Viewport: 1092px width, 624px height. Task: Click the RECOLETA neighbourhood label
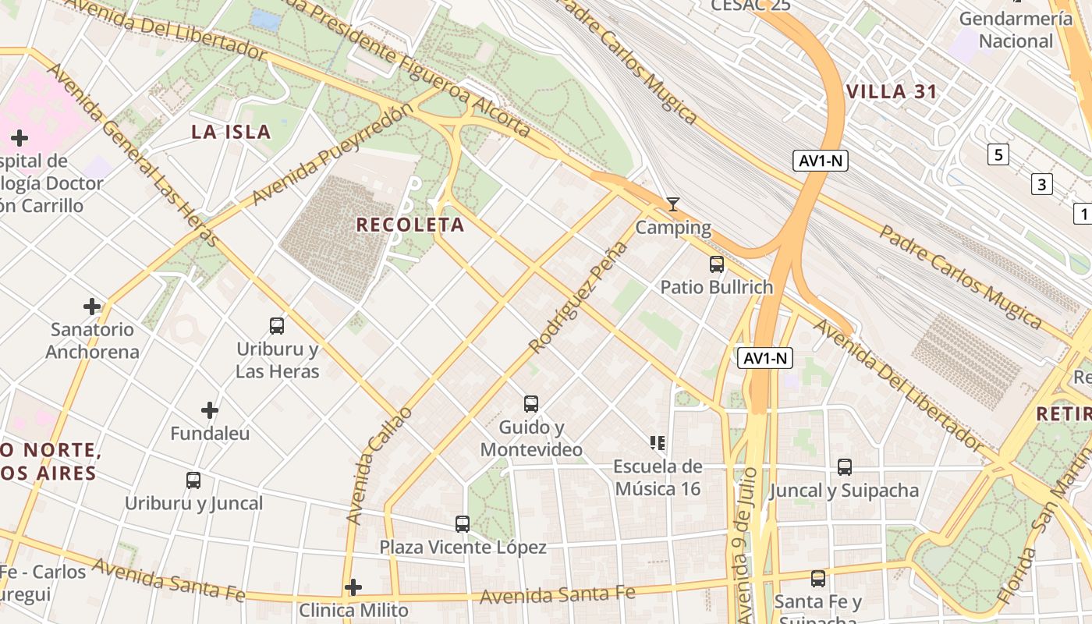coord(409,225)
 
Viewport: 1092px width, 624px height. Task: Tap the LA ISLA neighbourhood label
coord(231,132)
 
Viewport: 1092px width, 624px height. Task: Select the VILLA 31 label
coord(892,92)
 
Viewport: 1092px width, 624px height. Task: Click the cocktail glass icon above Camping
coord(673,204)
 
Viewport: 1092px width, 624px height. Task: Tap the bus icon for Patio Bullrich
coord(717,264)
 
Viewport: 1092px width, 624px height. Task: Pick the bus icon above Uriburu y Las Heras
coord(277,326)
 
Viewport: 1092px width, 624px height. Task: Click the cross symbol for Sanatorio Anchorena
coord(92,307)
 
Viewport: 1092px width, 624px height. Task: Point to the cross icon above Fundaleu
coord(210,409)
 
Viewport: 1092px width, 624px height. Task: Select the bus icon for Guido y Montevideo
coord(531,404)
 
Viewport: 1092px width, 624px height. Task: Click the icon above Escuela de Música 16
coord(658,443)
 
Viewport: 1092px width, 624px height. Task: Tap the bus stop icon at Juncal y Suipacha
coord(845,467)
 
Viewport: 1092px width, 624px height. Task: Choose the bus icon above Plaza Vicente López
coord(463,524)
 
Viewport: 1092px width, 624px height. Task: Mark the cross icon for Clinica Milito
coord(353,587)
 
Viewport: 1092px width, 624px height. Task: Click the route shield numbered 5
coord(998,154)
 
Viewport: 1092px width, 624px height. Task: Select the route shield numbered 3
coord(1041,185)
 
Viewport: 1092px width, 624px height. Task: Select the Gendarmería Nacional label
coord(1016,30)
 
